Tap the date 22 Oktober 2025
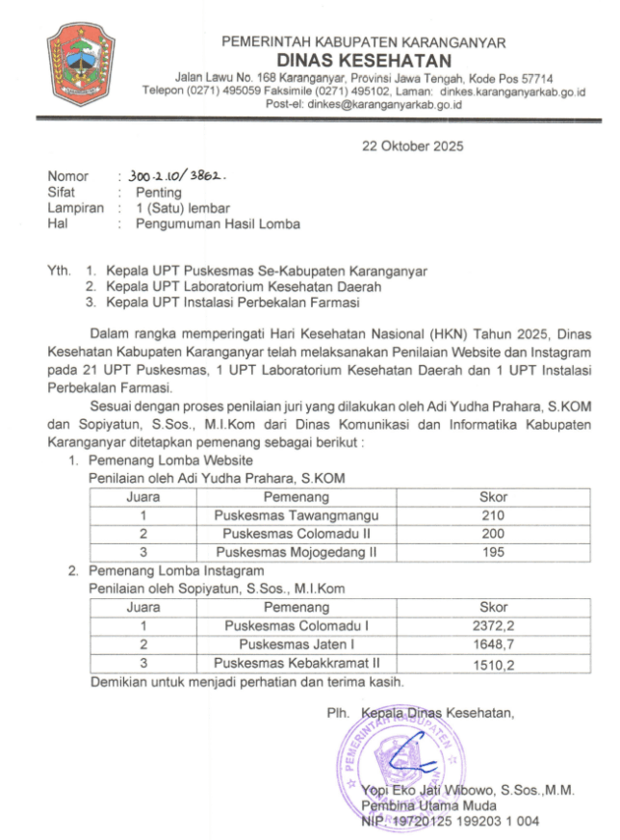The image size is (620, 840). [412, 147]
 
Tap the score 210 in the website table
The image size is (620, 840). [493, 515]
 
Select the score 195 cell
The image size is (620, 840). [493, 552]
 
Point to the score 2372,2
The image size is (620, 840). [493, 626]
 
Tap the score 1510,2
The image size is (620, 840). [493, 664]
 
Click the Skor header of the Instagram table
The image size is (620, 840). [493, 608]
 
